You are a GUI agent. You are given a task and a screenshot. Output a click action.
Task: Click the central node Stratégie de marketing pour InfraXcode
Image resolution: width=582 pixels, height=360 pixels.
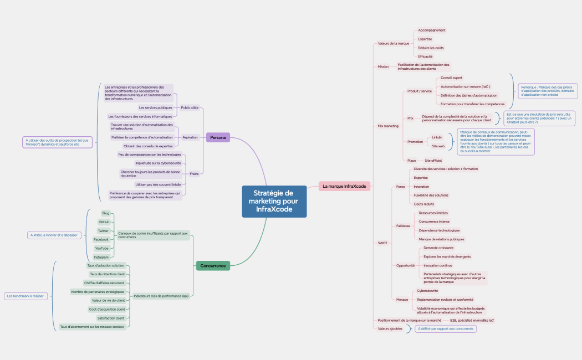click(x=274, y=201)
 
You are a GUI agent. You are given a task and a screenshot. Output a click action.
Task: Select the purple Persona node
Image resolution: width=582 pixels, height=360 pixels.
click(x=218, y=137)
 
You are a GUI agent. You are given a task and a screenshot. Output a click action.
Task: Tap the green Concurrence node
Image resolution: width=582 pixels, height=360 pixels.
click(x=213, y=266)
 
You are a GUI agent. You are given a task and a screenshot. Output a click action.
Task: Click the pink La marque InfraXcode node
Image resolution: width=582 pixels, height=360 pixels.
click(x=344, y=186)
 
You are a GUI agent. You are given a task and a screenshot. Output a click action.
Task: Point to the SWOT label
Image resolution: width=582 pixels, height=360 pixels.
click(x=382, y=243)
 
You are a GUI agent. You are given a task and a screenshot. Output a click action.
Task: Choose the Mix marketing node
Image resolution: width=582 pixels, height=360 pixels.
click(x=388, y=126)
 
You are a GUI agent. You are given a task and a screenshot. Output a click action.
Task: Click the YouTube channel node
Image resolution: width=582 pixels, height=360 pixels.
click(x=101, y=248)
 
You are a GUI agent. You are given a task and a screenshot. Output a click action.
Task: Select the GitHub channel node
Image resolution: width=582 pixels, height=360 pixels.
click(x=103, y=222)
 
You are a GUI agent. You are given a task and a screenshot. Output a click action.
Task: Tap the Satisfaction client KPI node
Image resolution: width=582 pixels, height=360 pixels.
click(x=111, y=318)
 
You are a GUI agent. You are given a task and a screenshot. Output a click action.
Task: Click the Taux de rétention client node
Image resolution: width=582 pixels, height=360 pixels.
click(x=107, y=274)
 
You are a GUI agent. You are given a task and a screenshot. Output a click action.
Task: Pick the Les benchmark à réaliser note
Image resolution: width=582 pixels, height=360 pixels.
click(x=25, y=296)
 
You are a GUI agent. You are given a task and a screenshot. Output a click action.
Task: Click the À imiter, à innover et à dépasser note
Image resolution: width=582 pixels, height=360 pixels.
click(x=54, y=235)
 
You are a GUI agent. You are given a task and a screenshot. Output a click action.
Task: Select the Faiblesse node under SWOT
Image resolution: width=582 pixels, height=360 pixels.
click(x=403, y=226)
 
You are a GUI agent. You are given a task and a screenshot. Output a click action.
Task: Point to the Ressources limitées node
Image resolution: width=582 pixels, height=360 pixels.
click(x=433, y=213)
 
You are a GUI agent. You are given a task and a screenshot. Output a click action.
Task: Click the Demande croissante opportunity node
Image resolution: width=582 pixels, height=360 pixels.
click(x=438, y=248)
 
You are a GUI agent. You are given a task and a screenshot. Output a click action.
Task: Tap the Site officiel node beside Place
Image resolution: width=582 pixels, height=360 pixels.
click(x=433, y=160)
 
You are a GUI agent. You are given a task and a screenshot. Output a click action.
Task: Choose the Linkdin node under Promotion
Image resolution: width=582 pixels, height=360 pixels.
click(x=437, y=137)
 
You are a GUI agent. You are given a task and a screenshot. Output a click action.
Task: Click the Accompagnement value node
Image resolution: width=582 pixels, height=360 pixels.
click(x=431, y=30)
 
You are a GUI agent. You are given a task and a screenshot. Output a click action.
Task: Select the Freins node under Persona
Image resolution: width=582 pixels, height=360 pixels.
click(x=193, y=174)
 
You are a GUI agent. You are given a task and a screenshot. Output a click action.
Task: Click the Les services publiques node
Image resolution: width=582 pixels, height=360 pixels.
click(x=155, y=107)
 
